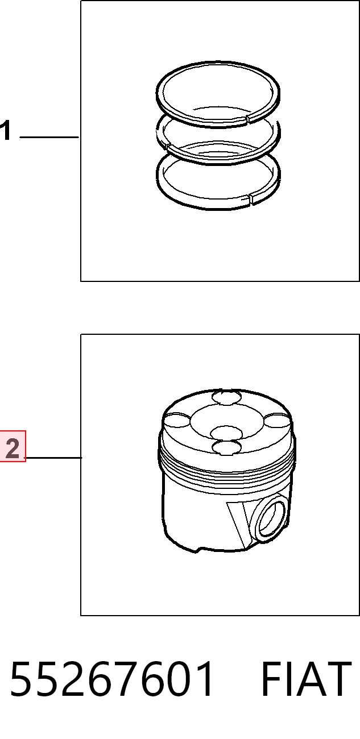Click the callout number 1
pyautogui.click(x=5, y=131)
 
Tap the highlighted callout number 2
pyautogui.click(x=13, y=446)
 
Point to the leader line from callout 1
pyautogui.click(x=49, y=137)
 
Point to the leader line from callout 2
pyautogui.click(x=53, y=458)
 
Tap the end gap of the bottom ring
pyautogui.click(x=250, y=200)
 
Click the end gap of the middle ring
pyautogui.click(x=167, y=147)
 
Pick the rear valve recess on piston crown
pyautogui.click(x=227, y=397)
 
